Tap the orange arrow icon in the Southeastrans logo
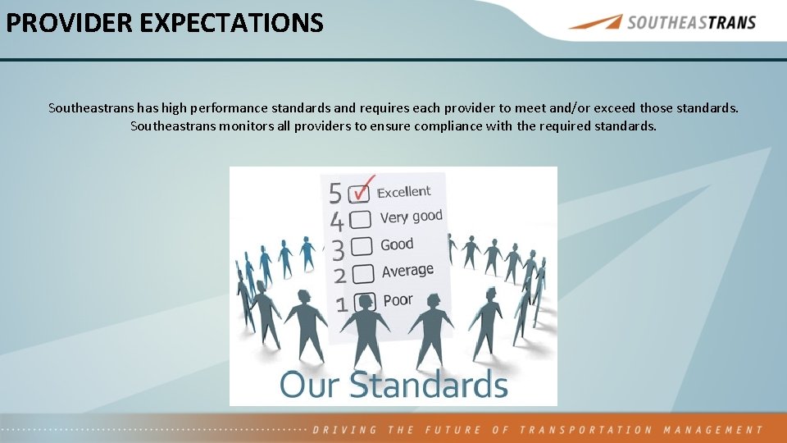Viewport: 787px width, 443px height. pos(595,22)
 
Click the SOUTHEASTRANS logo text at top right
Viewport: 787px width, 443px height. pos(691,22)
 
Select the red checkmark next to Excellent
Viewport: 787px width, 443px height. pos(362,185)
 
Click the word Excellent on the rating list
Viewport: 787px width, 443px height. pos(403,192)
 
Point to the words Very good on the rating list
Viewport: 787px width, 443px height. pos(411,217)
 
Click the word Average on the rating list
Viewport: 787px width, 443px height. pos(407,271)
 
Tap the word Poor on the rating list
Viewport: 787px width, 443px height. pos(398,300)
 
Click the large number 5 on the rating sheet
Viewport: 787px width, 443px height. pos(335,194)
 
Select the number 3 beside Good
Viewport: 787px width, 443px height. pos(337,249)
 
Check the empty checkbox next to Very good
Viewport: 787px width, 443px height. pos(361,220)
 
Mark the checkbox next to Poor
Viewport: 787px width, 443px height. pos(366,301)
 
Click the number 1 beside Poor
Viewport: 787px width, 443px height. pos(342,305)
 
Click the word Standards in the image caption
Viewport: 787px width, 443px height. pos(429,385)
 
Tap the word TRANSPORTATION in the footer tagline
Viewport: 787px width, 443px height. pos(585,430)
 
